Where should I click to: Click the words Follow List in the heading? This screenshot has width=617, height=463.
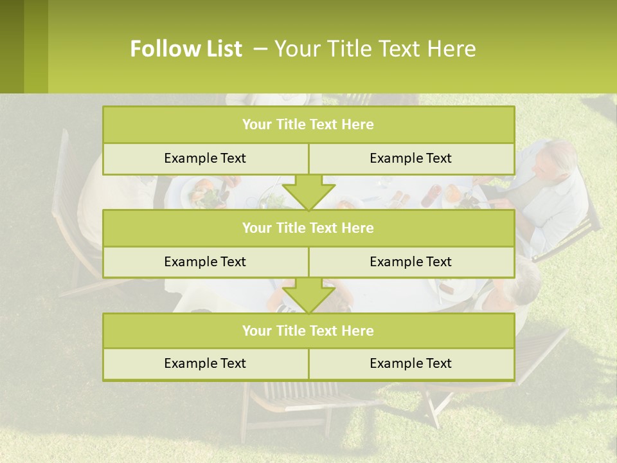click(186, 49)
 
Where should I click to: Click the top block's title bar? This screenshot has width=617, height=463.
click(308, 125)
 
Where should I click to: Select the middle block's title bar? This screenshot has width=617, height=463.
click(308, 228)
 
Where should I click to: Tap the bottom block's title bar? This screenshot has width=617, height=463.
click(308, 331)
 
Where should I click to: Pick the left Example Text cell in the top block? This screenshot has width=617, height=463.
click(205, 158)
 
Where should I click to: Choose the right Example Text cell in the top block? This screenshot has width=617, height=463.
click(411, 158)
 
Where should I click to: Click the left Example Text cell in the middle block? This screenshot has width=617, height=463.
click(205, 262)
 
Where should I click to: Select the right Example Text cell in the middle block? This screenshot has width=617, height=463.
click(411, 262)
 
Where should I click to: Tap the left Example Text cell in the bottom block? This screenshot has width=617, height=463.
click(205, 363)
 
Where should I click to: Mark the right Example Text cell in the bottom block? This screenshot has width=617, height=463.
click(411, 363)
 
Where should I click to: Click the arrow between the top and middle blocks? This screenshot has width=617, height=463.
click(308, 192)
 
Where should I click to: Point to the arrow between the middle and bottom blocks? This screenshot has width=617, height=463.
click(308, 295)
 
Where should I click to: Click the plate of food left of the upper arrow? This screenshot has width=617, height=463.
click(204, 192)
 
